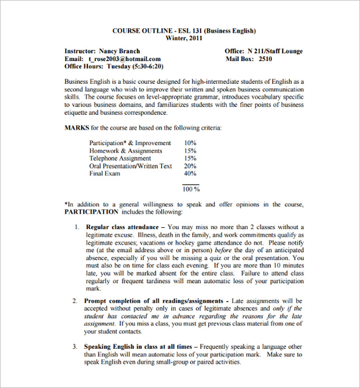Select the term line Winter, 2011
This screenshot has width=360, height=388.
(x=184, y=38)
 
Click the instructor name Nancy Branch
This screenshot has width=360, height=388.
(x=119, y=51)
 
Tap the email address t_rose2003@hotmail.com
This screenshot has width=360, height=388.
(x=124, y=59)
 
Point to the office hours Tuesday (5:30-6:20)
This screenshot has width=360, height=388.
(x=135, y=67)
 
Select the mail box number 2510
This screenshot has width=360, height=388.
(x=265, y=59)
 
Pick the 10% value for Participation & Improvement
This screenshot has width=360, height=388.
(x=190, y=143)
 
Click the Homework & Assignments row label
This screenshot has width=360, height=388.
(x=126, y=151)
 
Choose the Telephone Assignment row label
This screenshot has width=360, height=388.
(x=120, y=159)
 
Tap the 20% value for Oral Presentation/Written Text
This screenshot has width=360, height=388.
(x=190, y=166)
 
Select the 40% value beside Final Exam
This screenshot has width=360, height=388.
(x=190, y=174)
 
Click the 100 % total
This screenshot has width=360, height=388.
(x=191, y=189)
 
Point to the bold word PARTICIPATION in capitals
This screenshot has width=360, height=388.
(x=91, y=212)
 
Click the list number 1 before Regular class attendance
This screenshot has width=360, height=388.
(x=76, y=227)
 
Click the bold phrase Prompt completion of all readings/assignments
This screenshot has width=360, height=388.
(x=154, y=300)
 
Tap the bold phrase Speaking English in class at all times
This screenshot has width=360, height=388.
(x=137, y=346)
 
